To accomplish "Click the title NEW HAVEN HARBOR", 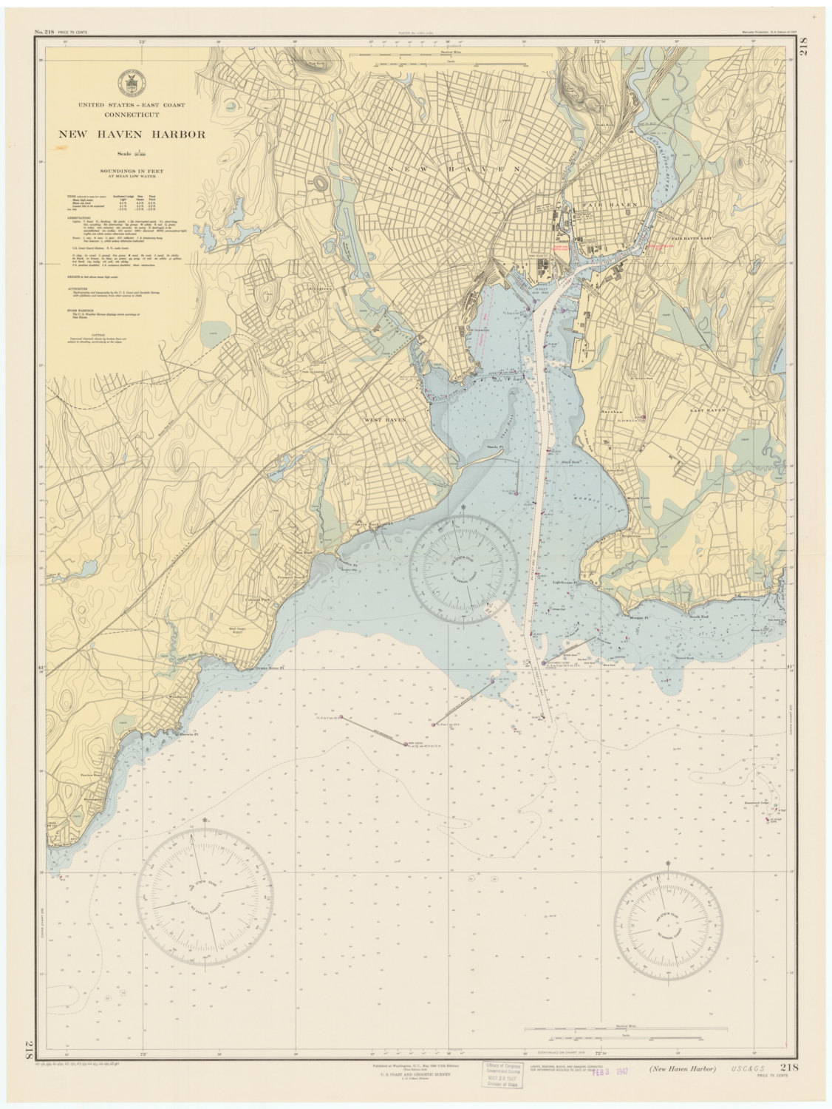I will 123,134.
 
